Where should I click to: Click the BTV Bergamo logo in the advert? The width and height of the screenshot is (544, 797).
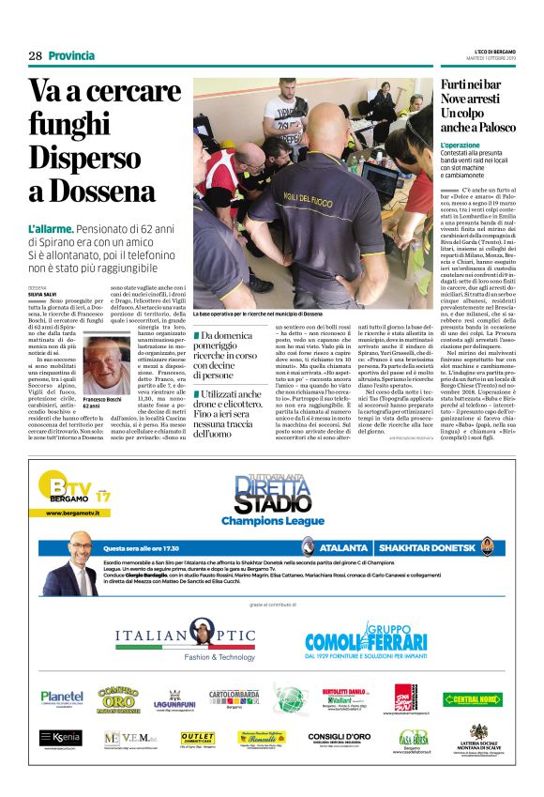tap(75, 492)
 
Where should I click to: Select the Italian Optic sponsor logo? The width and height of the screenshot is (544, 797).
tap(185, 641)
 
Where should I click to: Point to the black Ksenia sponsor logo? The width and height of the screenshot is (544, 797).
tap(60, 738)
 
